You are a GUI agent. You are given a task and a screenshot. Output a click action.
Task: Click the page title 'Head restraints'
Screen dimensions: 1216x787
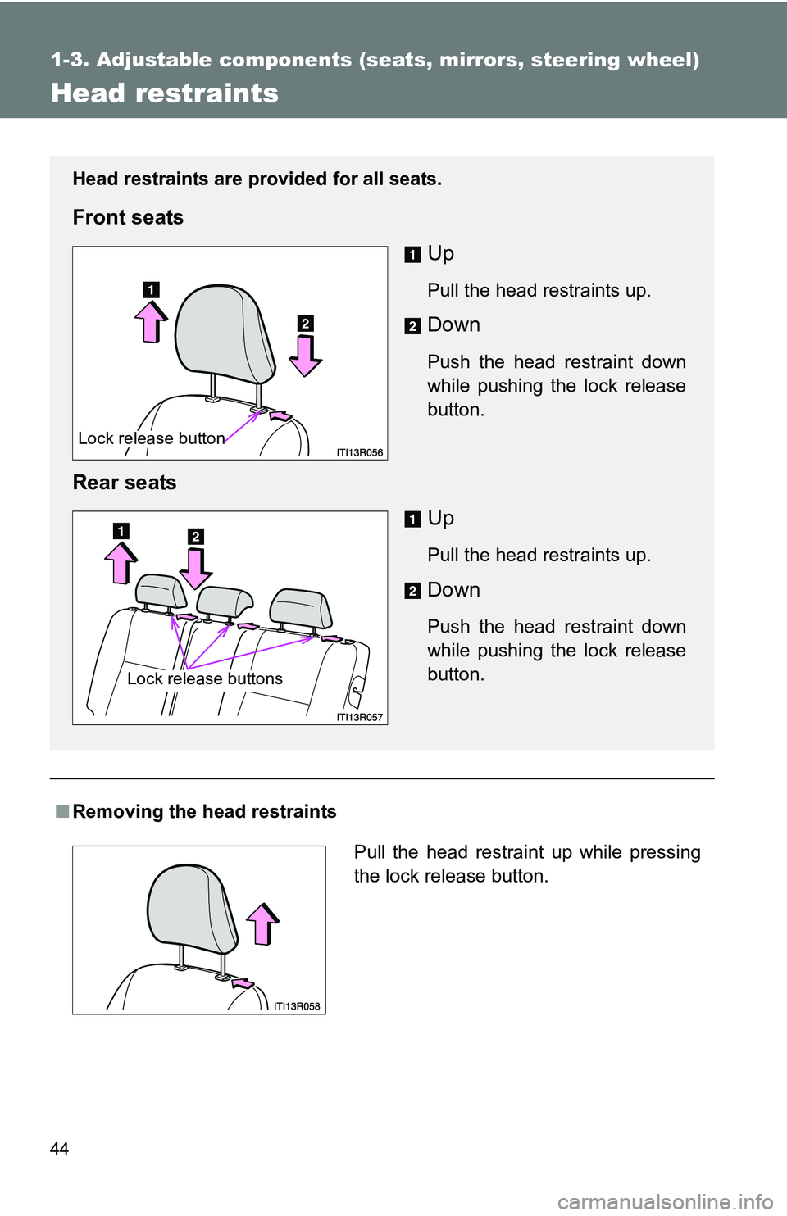(164, 93)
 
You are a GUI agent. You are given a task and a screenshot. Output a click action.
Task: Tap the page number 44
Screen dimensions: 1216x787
(59, 1149)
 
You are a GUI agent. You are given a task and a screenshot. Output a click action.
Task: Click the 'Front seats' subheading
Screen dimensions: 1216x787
(128, 217)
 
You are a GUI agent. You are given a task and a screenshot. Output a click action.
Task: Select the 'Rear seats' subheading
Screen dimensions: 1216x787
(125, 483)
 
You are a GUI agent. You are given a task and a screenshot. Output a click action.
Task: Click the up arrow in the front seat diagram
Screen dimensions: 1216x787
(151, 321)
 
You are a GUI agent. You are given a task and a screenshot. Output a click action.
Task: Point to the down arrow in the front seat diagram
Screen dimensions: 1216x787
(305, 356)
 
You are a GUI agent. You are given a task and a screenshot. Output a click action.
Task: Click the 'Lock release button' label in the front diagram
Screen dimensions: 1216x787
(152, 438)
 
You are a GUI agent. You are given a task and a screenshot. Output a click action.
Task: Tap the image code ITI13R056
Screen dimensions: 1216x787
(359, 452)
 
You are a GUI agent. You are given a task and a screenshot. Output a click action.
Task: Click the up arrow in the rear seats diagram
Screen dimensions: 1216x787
(121, 563)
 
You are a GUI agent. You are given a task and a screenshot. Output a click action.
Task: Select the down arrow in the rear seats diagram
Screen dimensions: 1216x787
(196, 569)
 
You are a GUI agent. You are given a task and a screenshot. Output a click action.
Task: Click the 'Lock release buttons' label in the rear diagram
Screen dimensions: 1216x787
(205, 678)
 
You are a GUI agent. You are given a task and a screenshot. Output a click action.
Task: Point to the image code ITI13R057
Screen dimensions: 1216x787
(359, 717)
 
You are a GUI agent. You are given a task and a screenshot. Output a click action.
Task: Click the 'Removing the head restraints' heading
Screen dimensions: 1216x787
(204, 812)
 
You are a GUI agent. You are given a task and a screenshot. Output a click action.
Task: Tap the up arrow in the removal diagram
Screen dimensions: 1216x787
(263, 923)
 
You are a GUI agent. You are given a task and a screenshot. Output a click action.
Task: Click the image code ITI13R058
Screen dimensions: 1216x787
(297, 1006)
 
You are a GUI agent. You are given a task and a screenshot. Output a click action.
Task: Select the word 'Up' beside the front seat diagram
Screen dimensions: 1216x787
(441, 254)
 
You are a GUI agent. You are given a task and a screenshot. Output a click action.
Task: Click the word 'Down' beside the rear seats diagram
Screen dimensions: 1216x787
(453, 590)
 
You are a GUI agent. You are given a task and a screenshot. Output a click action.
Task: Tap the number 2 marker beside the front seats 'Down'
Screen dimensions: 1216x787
(412, 326)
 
